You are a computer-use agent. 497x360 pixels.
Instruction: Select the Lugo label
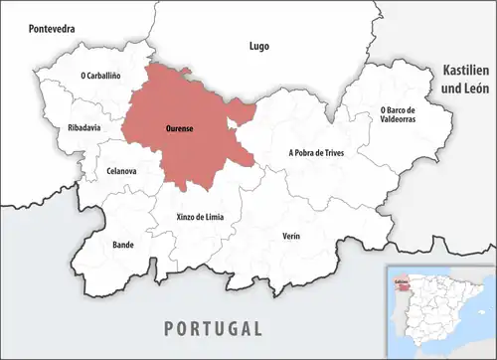click(258, 46)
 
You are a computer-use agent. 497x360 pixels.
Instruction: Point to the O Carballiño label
click(104, 75)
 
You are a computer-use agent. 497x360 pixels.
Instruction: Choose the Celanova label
click(120, 172)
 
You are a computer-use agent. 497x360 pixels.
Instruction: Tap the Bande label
click(123, 244)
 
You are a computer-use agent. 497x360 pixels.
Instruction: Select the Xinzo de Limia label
click(188, 217)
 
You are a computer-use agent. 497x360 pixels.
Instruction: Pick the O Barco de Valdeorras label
click(404, 114)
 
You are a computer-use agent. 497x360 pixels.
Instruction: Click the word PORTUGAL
click(214, 328)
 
